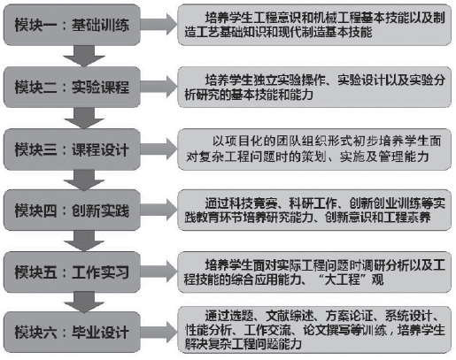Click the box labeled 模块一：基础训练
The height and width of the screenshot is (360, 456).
[72, 25]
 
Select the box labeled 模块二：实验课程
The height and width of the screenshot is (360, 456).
[72, 87]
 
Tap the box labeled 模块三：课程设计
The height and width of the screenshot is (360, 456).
[72, 149]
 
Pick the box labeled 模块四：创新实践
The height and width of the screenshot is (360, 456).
[72, 211]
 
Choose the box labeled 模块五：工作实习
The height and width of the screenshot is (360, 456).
[72, 272]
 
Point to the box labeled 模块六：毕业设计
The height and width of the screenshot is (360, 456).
[72, 333]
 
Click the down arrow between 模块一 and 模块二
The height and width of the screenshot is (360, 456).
[84, 56]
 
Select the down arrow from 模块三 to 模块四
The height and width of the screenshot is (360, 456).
[84, 180]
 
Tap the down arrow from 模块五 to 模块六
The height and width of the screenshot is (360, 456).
[84, 303]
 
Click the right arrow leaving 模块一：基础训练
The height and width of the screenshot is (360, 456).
[158, 25]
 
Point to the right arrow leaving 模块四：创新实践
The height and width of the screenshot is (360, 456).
[158, 210]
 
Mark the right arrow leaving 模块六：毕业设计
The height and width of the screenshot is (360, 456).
[158, 332]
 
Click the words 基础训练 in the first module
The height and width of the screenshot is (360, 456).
[100, 25]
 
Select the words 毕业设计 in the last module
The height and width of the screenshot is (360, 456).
[100, 333]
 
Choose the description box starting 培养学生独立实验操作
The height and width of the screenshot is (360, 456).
[314, 87]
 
